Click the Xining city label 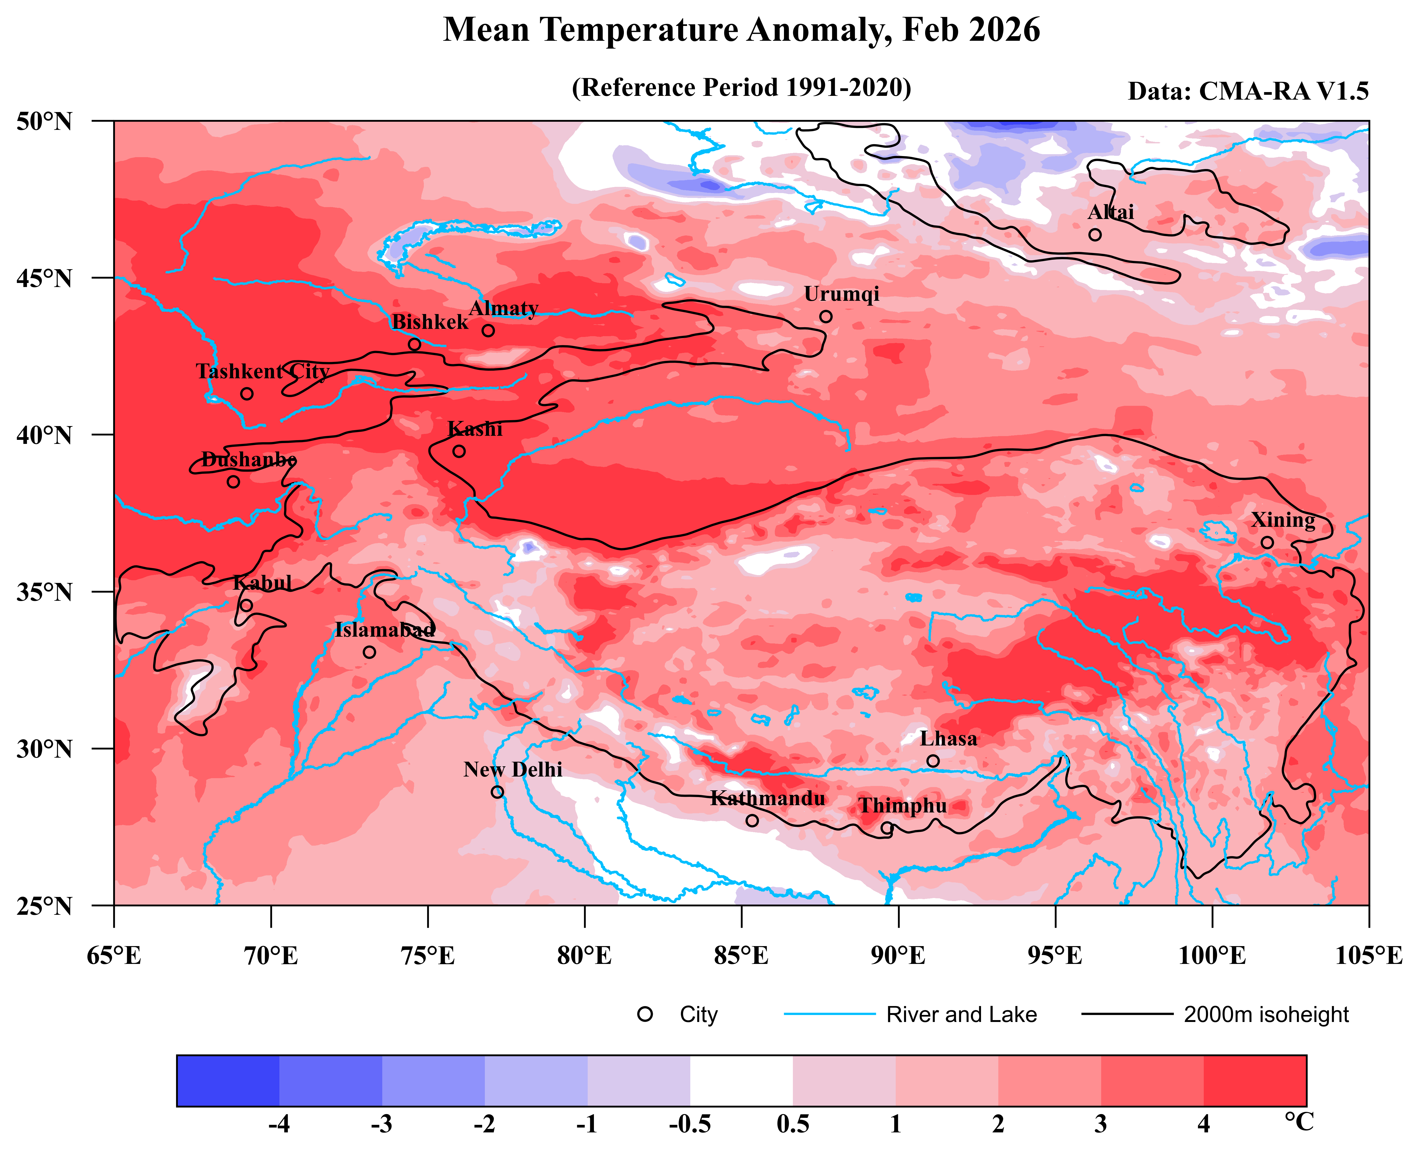point(1282,520)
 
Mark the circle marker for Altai point(1094,235)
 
